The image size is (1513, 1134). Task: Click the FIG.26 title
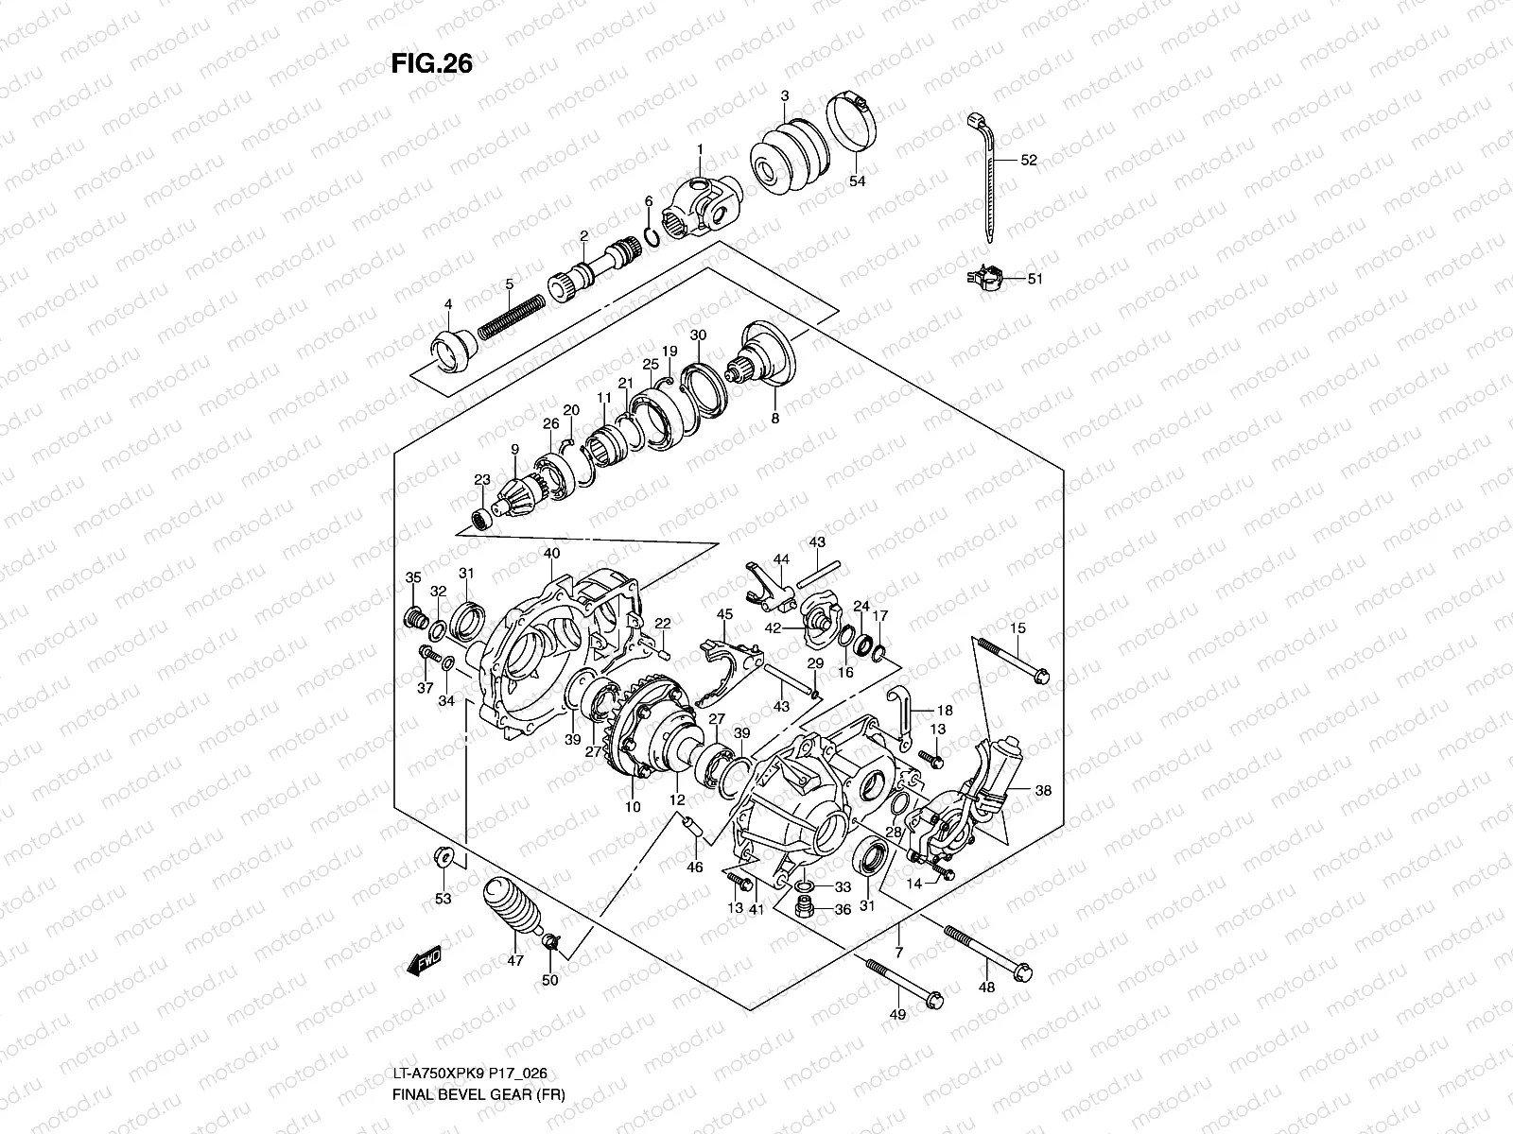click(431, 63)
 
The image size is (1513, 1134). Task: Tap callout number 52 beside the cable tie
click(1029, 161)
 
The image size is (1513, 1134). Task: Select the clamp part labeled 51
click(984, 277)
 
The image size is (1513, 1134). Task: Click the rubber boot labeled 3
click(789, 158)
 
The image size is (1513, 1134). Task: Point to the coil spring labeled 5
click(510, 317)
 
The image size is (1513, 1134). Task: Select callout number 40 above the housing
click(551, 553)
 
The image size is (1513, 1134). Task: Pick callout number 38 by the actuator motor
click(1043, 790)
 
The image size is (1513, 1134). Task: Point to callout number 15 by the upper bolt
click(1017, 628)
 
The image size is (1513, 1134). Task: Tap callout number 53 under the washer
click(443, 898)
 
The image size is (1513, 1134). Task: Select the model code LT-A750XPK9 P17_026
click(469, 1074)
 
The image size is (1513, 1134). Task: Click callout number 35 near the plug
click(413, 577)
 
